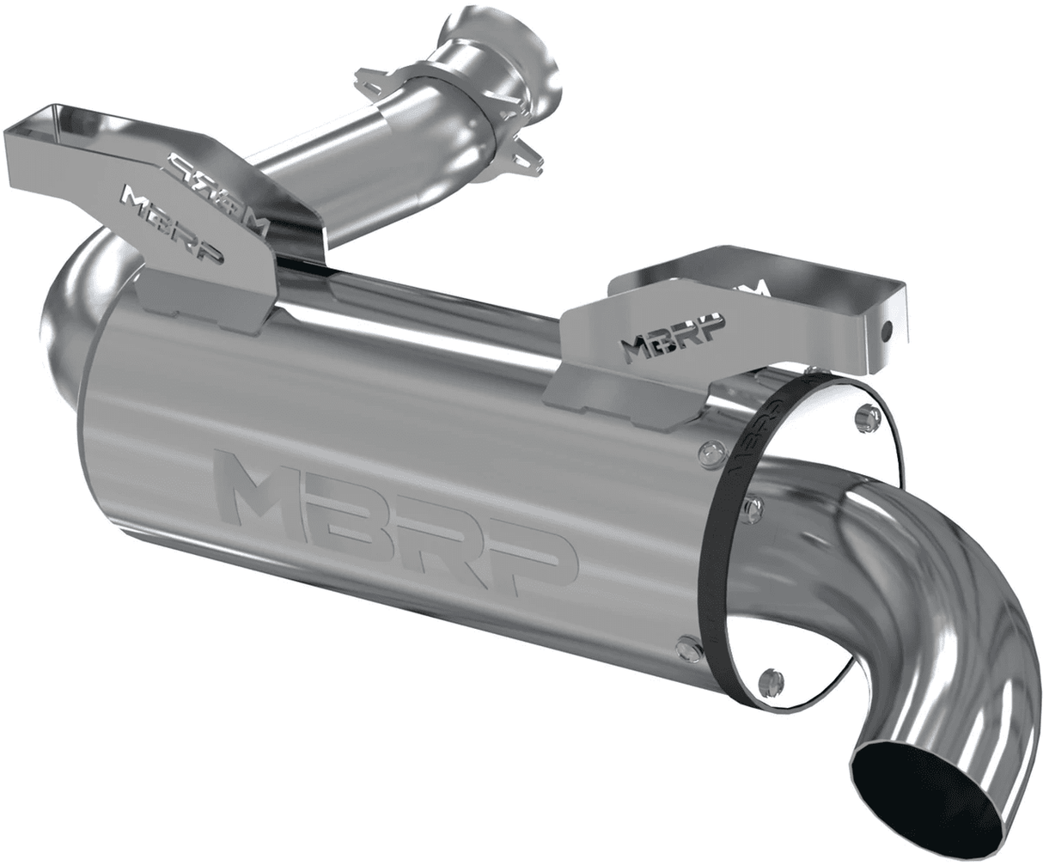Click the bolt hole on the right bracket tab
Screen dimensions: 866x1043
[890, 327]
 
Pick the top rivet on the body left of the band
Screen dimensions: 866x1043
[707, 450]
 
